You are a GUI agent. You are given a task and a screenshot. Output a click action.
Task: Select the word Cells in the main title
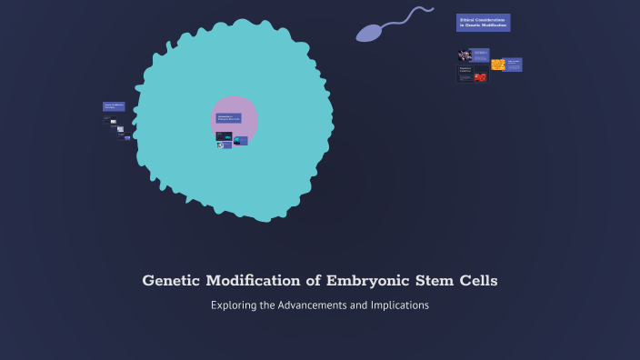click(475, 281)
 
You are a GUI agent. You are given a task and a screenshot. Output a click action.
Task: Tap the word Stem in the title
click(430, 281)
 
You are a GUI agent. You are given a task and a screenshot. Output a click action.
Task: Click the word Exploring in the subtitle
click(233, 305)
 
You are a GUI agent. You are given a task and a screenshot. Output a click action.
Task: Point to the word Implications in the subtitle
click(399, 305)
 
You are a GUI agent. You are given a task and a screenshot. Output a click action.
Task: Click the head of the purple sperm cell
click(368, 34)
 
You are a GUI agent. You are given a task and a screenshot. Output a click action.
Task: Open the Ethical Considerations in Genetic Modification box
click(483, 23)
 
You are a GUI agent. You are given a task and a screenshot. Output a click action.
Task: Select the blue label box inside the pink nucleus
click(228, 117)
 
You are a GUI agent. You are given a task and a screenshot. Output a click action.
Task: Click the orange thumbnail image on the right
click(498, 65)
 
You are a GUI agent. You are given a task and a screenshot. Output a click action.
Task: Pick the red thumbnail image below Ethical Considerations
click(480, 77)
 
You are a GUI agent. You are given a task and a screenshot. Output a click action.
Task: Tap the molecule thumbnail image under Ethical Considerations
click(465, 55)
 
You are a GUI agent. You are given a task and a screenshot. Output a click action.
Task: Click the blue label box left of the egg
click(114, 106)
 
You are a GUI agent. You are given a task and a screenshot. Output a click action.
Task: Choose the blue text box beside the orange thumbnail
click(514, 65)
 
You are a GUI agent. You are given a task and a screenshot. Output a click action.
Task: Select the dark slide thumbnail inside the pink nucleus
click(224, 136)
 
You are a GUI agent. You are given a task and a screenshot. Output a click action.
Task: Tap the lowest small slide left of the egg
click(127, 137)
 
